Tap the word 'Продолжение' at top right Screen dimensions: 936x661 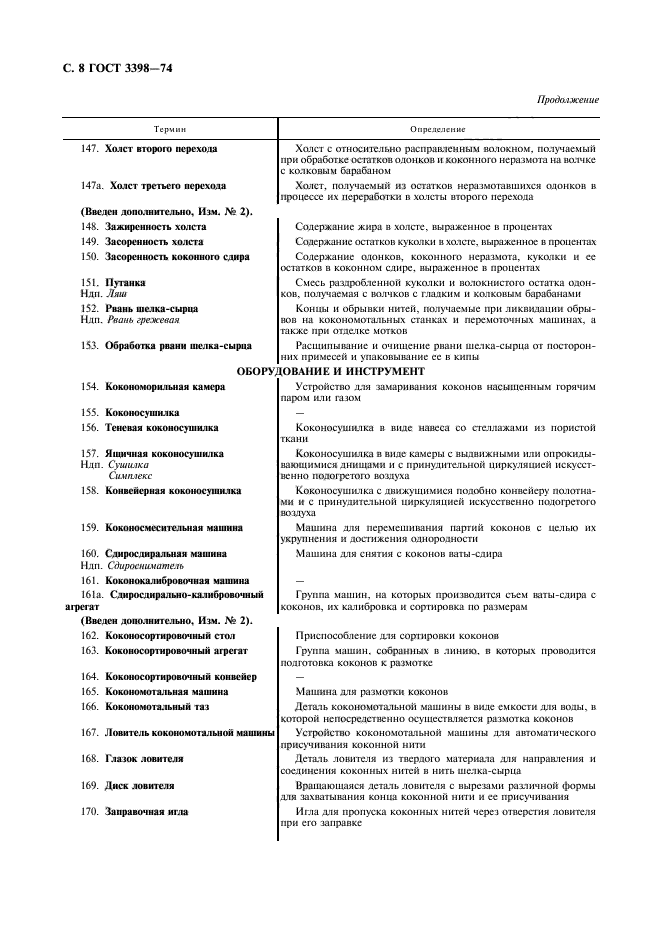[567, 100]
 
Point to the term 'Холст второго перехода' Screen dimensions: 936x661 [162, 149]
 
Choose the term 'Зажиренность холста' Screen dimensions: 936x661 [155, 227]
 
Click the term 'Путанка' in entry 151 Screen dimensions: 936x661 [125, 283]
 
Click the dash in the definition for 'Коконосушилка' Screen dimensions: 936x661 [301, 411]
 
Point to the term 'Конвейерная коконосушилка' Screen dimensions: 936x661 [173, 491]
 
